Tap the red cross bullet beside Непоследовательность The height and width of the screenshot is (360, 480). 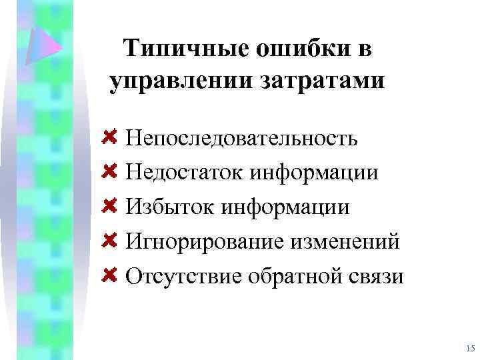coord(110,137)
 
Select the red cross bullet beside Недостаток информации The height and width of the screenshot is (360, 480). coord(110,171)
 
